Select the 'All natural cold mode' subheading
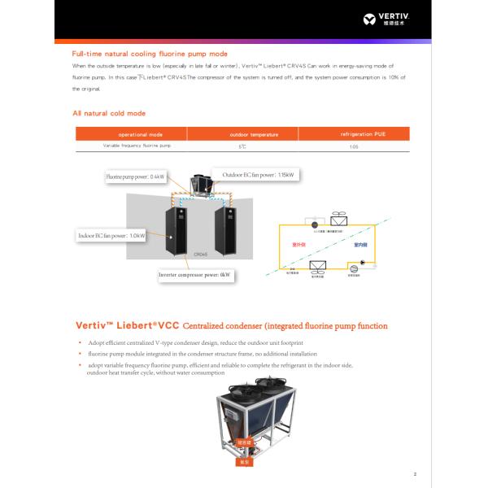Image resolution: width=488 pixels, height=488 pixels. click(109, 113)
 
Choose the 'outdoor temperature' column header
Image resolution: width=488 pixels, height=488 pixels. click(242, 134)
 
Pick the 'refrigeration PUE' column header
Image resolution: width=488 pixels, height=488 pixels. click(353, 133)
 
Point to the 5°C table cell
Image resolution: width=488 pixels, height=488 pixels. click(242, 147)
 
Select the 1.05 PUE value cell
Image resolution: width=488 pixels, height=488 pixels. click(353, 147)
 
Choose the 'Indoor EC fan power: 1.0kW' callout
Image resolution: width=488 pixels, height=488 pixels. click(111, 236)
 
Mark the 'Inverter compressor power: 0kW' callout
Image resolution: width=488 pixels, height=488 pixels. click(195, 275)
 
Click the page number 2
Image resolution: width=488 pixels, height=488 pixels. click(414, 474)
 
